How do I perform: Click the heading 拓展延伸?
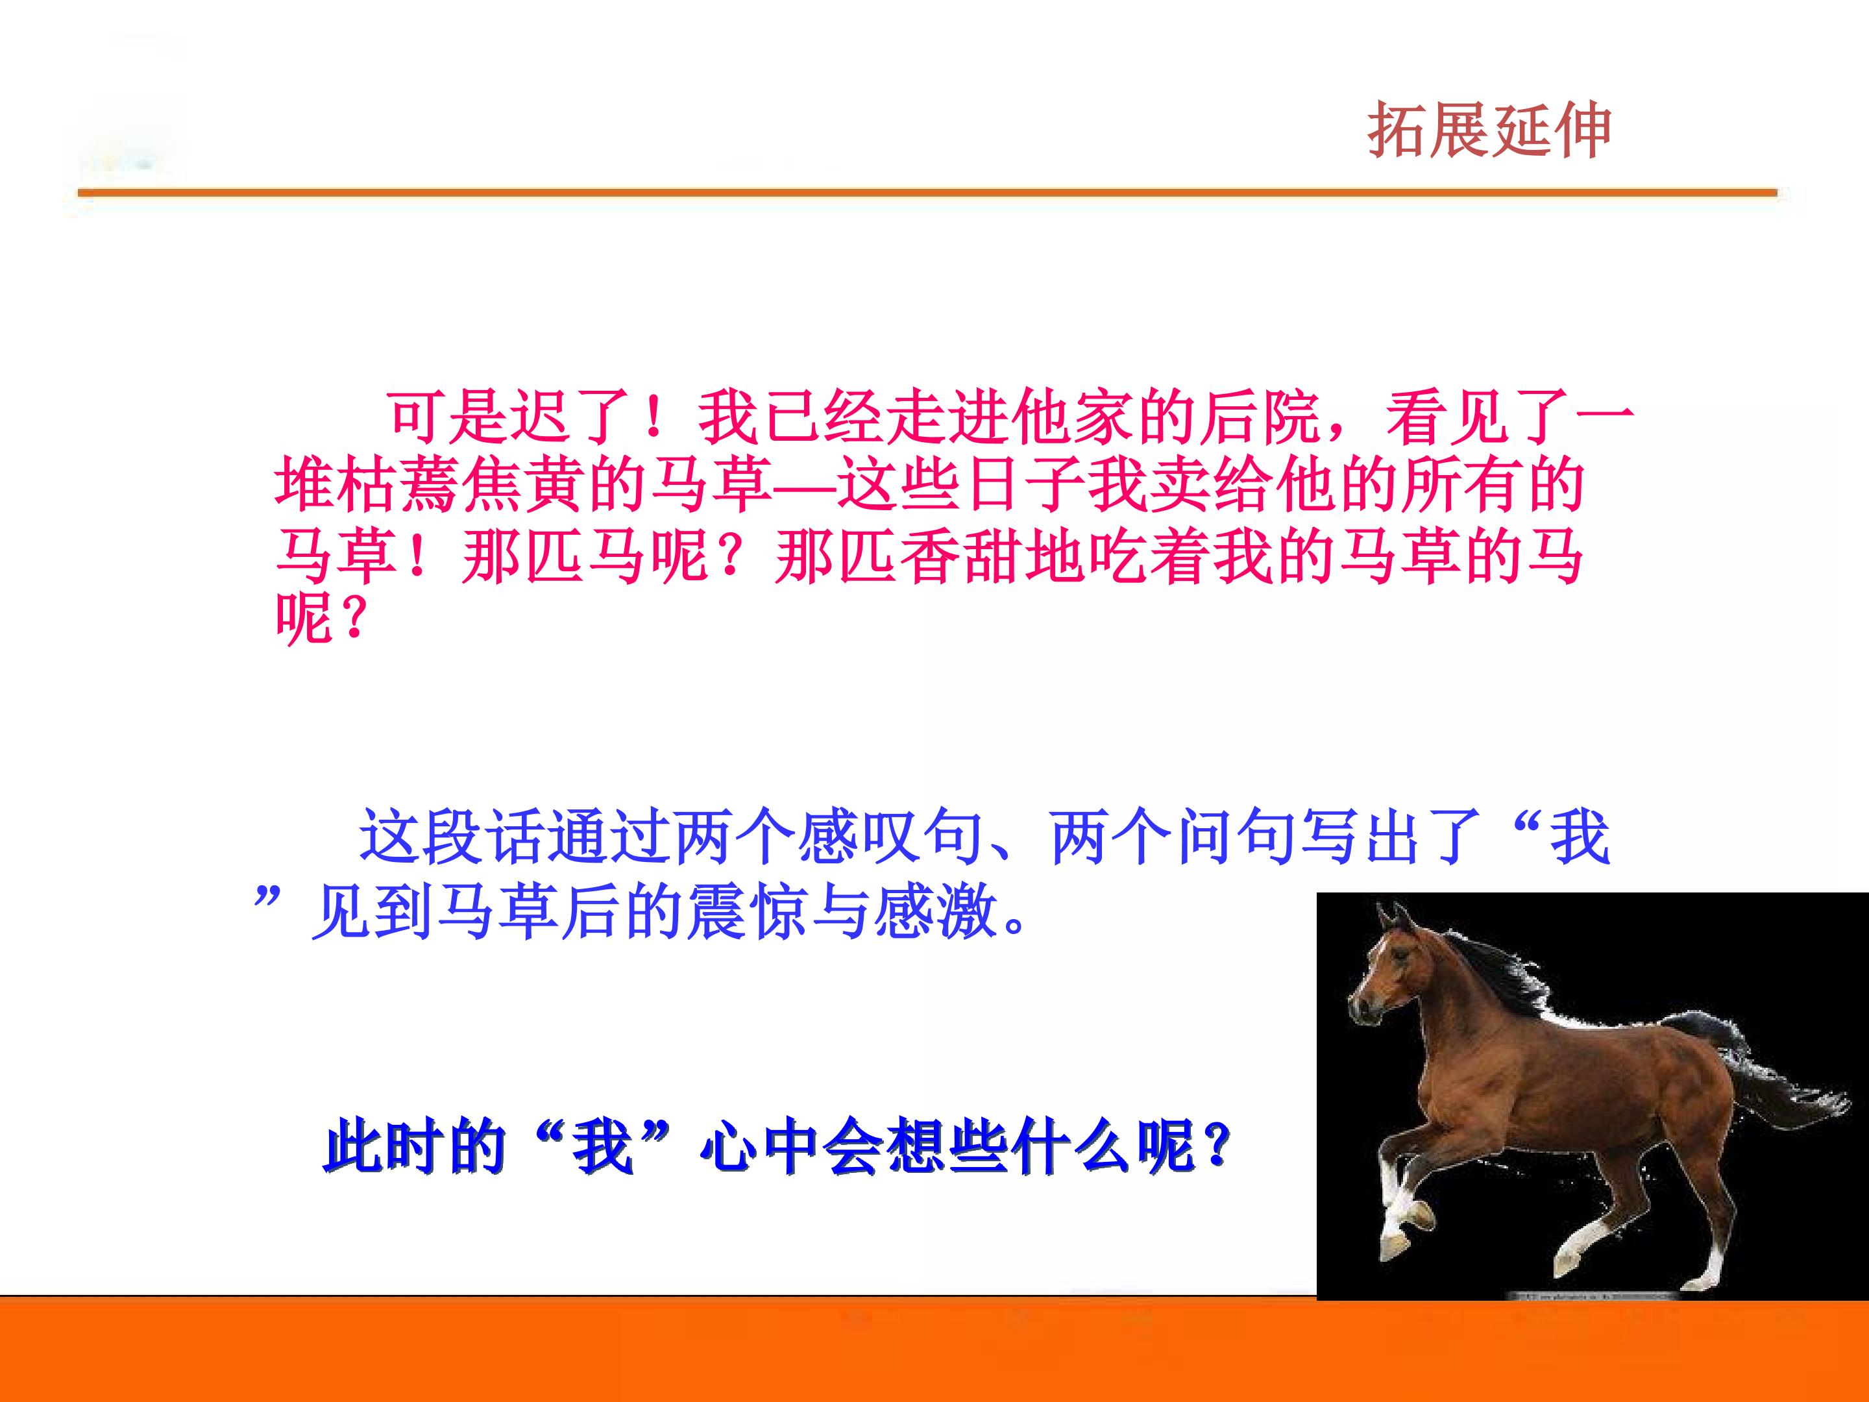(1489, 130)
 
